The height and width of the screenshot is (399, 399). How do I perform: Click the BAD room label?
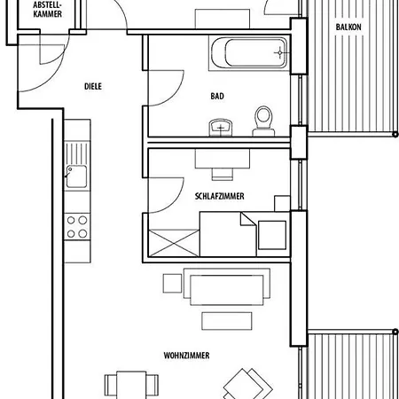coord(217,96)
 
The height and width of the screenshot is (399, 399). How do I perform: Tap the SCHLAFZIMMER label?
coord(220,196)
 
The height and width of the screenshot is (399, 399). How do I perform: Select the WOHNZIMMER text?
coord(186,356)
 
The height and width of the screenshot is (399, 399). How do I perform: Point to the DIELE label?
coord(93,86)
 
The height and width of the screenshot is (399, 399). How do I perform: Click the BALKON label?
coord(348,27)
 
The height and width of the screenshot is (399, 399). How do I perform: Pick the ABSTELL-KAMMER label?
coord(47,10)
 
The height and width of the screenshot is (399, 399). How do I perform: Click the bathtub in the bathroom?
coord(249,53)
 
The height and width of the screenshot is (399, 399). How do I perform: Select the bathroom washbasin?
coord(221,128)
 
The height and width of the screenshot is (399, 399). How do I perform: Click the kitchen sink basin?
coord(76,176)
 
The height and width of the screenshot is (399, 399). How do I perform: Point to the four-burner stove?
coord(77,227)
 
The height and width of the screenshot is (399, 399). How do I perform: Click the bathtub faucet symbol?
coord(279,53)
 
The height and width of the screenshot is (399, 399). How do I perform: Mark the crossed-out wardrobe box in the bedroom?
coord(174,243)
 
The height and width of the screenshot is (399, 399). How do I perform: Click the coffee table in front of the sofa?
coord(227,321)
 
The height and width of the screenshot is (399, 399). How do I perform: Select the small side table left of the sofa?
coord(172,284)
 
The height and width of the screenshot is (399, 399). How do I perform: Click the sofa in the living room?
coord(227,286)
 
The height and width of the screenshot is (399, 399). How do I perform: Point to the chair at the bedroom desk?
coord(223,174)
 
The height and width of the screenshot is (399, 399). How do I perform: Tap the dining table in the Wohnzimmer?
coord(131,384)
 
